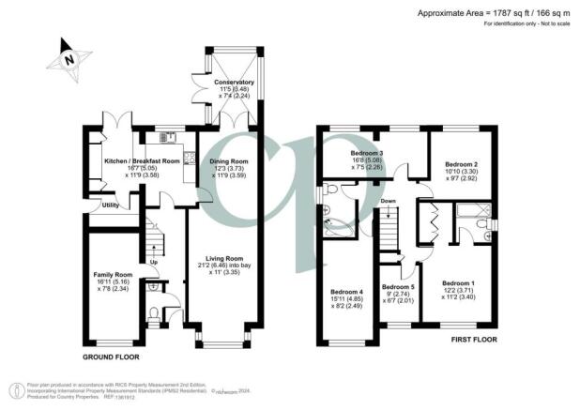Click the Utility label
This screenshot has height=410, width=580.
click(110, 205)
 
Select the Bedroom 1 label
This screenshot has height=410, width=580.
click(459, 283)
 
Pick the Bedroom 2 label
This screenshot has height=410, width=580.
click(462, 163)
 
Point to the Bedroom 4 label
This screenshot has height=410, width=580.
click(347, 292)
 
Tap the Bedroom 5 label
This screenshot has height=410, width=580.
click(398, 287)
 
